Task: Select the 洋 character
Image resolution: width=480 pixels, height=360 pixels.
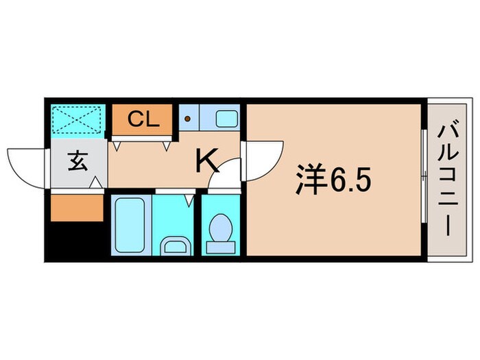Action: click(309, 181)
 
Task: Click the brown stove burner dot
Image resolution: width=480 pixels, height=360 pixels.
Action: click(187, 119)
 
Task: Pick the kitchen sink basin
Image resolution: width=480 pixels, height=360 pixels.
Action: click(226, 119)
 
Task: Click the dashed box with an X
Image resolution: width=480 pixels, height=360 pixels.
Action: click(78, 119)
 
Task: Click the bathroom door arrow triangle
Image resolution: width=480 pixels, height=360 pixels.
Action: click(190, 200)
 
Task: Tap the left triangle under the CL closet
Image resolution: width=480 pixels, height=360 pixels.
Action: click(117, 145)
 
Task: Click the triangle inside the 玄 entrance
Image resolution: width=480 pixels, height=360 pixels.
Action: click(99, 184)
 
